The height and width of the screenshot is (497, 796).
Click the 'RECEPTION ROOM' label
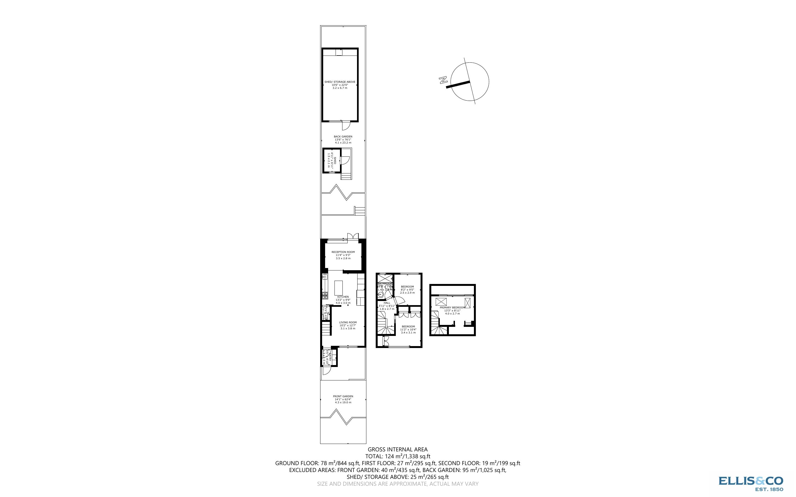[343, 252]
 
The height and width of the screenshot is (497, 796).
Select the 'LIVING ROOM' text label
[348, 322]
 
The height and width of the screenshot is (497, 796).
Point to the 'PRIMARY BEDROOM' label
[452, 308]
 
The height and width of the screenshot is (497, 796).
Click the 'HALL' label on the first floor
[387, 303]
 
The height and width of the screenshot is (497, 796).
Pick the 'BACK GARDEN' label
[343, 136]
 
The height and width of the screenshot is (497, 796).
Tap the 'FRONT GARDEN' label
[343, 396]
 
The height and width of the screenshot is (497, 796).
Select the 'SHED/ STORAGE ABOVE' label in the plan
[340, 82]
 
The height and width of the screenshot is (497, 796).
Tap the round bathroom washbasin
[380, 296]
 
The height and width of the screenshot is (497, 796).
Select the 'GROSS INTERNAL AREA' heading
[397, 449]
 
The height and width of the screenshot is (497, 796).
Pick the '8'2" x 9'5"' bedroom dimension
[407, 289]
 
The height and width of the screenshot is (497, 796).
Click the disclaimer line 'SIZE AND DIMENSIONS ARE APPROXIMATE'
[397, 484]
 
